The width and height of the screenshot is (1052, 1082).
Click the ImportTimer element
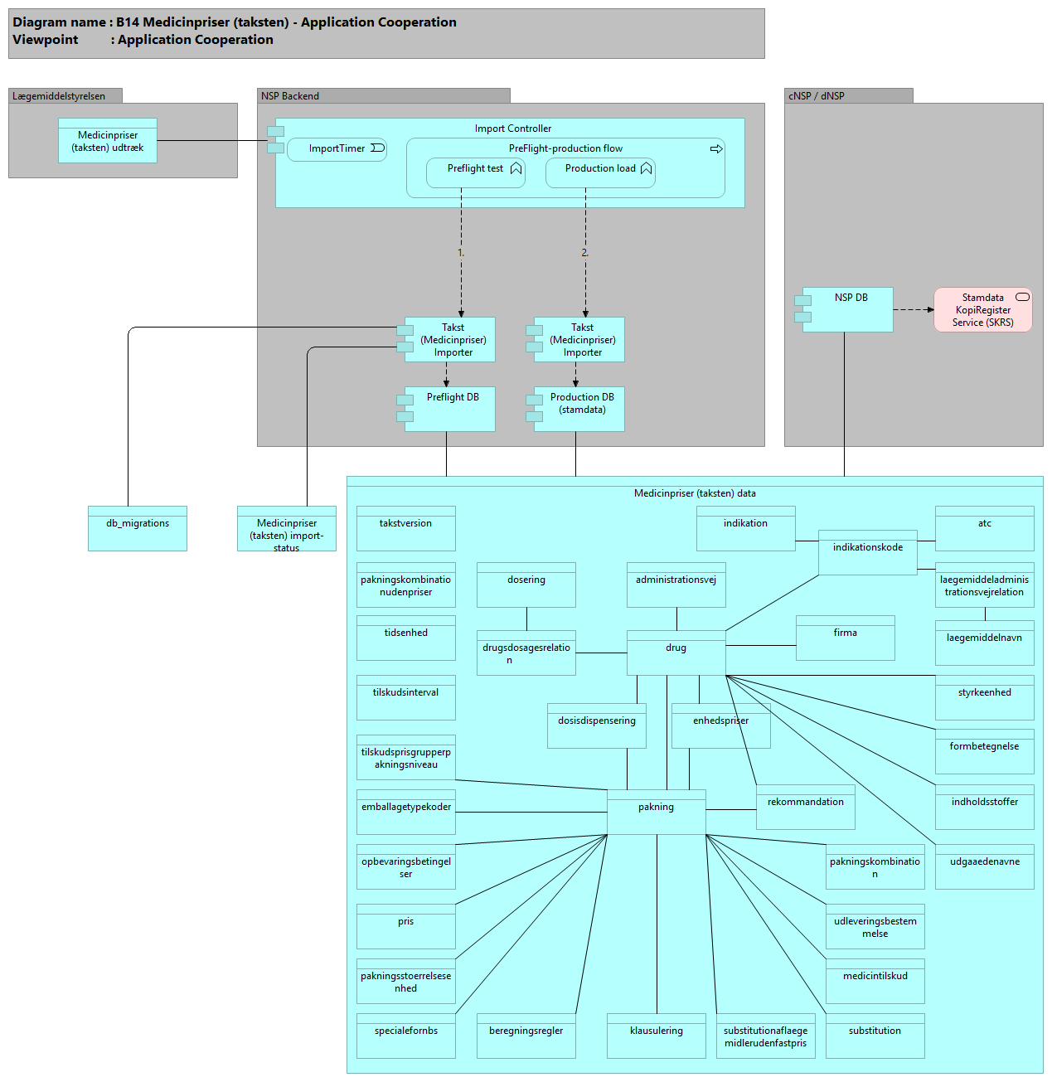point(337,149)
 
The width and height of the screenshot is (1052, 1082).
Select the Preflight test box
point(476,172)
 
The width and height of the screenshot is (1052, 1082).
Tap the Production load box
point(600,172)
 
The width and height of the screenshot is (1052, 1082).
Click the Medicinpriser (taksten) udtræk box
point(108,141)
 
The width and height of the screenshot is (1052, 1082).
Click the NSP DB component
point(848,309)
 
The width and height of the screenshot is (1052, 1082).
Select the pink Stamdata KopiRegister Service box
point(983,310)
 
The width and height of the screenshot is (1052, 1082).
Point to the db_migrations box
point(138,528)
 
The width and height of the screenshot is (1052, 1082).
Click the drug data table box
point(676,653)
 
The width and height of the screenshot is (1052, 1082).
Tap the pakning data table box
point(657,812)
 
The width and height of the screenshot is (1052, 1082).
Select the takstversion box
point(406,528)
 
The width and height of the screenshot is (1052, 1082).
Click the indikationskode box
point(868,552)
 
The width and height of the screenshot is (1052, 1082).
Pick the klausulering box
point(657,1036)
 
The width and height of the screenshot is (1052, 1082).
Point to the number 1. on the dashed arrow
point(461,253)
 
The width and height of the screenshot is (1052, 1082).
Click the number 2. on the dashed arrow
point(584,253)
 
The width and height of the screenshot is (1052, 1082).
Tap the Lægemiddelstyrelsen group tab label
point(60,96)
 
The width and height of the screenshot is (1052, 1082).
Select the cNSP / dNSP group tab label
point(817,96)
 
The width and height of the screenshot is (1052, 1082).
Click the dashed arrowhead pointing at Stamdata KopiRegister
point(930,310)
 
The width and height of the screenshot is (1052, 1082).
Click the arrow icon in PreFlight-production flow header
point(716,149)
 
